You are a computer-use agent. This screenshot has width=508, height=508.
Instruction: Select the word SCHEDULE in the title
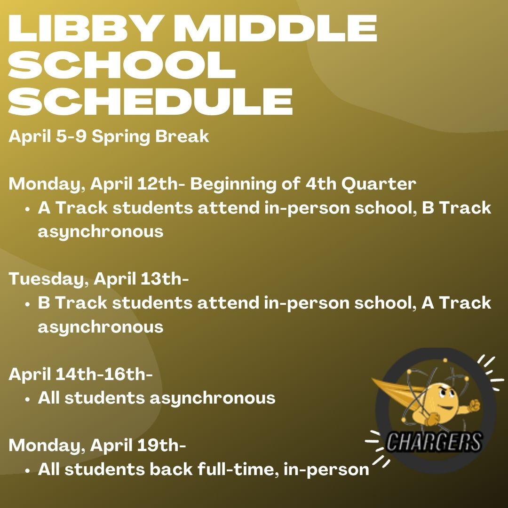tap(151, 101)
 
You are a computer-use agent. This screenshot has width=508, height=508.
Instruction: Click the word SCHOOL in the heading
tap(122, 64)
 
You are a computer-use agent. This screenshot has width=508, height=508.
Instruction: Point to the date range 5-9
tap(71, 136)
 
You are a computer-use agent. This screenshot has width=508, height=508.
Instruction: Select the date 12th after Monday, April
tap(158, 184)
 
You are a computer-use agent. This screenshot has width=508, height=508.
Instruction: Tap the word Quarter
tap(378, 184)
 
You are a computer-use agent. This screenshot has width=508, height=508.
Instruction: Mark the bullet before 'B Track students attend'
tap(28, 304)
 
